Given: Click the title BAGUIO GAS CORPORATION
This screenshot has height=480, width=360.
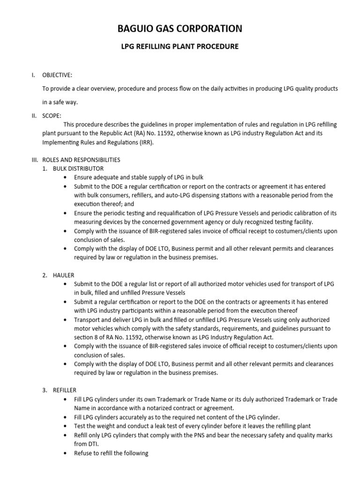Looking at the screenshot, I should pos(180,29).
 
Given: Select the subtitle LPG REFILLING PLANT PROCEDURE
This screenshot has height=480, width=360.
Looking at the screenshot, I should pos(180,47).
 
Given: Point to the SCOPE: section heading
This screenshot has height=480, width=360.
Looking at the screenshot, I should pos(52,115).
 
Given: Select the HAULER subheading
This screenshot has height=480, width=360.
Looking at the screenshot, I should pos(65,275).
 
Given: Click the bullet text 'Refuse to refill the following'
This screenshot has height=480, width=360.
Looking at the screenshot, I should pos(111,453).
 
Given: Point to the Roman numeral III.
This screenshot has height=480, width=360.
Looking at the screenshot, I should pos(34,159).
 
